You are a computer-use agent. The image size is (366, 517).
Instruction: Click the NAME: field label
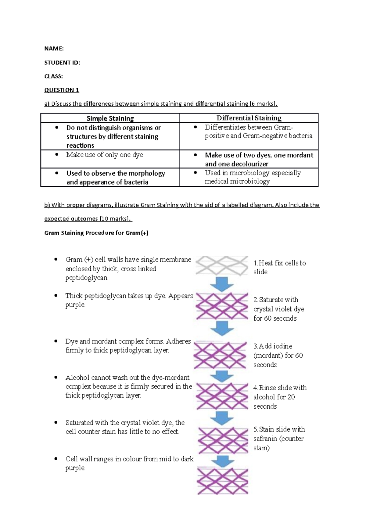(x=54, y=48)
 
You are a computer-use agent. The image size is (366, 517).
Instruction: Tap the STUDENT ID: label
(x=62, y=62)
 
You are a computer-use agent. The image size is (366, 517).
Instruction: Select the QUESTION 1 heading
(x=62, y=90)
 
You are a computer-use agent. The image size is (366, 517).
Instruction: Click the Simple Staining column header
(x=110, y=118)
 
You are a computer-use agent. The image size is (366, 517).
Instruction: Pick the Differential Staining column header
(x=249, y=118)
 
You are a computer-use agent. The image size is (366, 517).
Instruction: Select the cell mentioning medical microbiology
(x=253, y=177)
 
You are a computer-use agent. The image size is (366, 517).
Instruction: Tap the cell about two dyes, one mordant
(x=259, y=159)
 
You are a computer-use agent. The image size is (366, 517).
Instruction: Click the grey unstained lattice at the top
(x=222, y=266)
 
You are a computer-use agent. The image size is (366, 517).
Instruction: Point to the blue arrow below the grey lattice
(x=222, y=284)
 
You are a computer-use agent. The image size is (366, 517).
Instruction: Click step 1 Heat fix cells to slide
(x=279, y=267)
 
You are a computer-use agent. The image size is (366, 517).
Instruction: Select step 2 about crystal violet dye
(x=278, y=309)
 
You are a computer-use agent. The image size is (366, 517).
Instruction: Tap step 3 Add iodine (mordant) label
(x=278, y=355)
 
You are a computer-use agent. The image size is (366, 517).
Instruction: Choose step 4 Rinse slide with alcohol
(x=280, y=397)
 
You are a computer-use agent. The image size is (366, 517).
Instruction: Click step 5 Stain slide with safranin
(x=279, y=438)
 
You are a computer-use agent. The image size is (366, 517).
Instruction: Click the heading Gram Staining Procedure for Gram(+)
(x=96, y=233)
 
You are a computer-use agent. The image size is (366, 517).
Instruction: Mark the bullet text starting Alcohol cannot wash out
(x=128, y=386)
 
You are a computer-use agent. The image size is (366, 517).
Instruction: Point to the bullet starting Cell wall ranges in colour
(x=129, y=463)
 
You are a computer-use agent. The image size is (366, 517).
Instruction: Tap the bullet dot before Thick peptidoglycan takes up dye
(x=56, y=296)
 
